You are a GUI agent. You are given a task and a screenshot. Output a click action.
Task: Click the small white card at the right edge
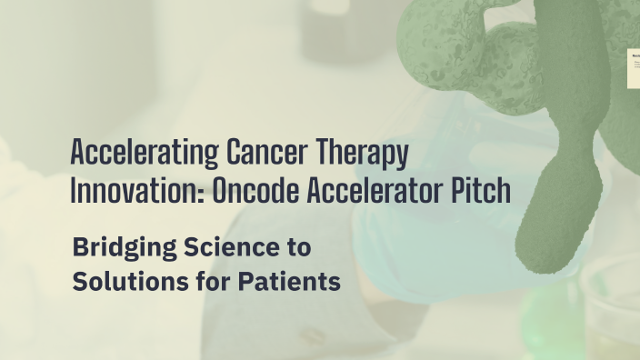pos(634,69)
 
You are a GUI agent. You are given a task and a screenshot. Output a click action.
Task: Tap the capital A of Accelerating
pos(77,151)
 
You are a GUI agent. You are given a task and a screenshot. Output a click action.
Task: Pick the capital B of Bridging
pos(80,245)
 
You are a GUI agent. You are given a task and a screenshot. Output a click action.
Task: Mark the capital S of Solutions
pos(79,282)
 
